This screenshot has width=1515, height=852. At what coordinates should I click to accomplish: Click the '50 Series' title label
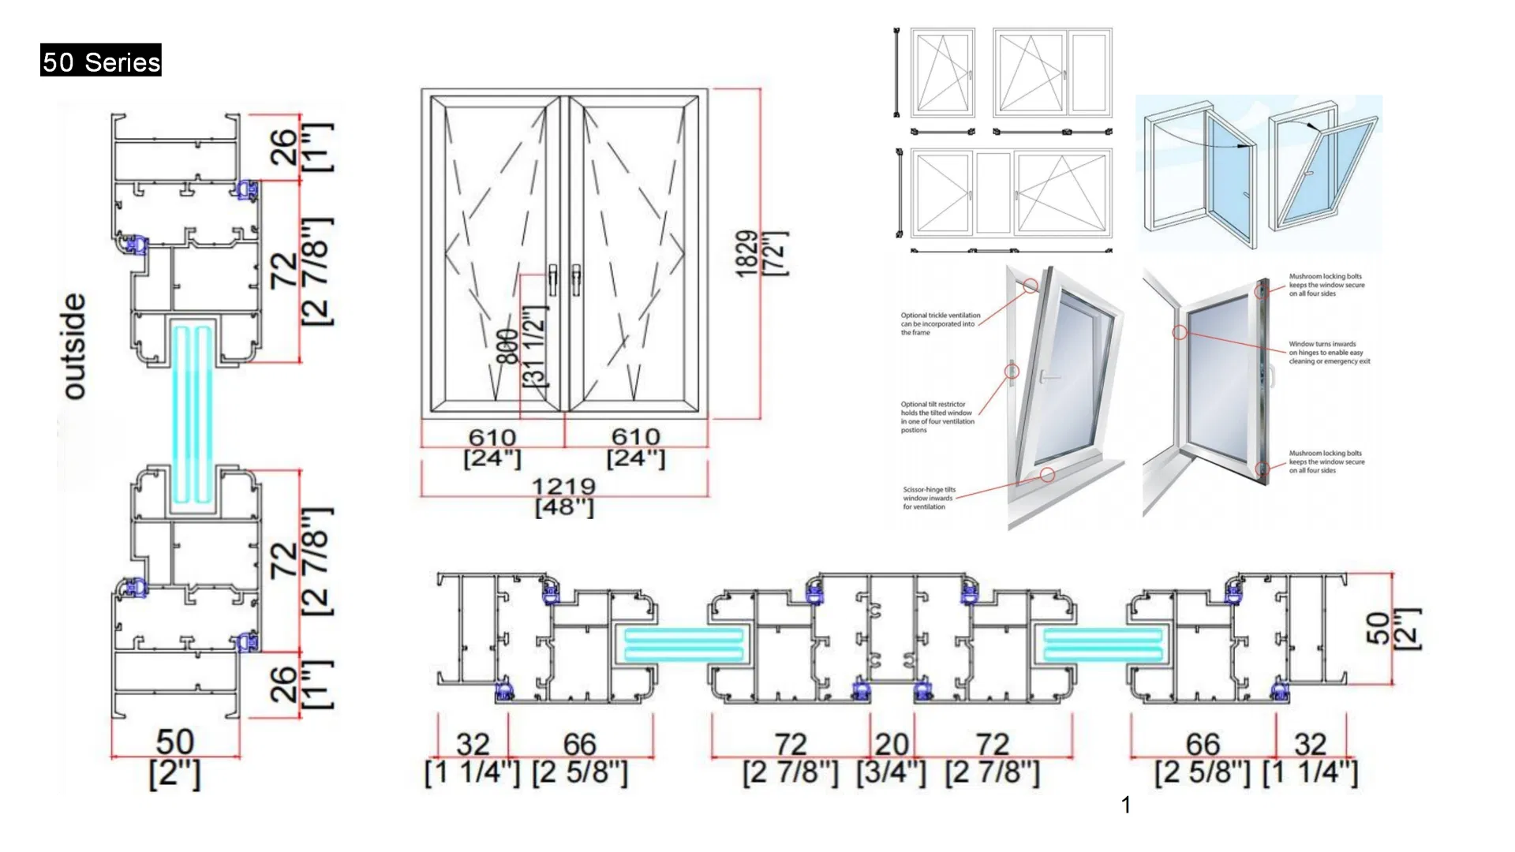point(101,61)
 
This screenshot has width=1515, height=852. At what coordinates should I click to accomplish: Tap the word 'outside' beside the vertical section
point(73,346)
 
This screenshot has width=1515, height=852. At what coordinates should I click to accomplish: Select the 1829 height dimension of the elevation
point(746,254)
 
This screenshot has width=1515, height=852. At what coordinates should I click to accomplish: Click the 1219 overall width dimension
point(563,486)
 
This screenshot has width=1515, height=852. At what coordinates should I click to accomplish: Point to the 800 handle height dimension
point(508,347)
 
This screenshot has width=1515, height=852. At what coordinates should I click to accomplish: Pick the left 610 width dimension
point(492,437)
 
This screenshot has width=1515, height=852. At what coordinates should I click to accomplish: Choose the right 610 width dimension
point(636,437)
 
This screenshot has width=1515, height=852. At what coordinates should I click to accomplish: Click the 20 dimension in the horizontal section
point(892,744)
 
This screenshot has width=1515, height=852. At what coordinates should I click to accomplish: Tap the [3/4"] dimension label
point(892,772)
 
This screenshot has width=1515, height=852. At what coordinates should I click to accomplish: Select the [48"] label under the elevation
point(563,507)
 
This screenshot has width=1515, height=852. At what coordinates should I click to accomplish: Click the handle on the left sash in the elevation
point(553,279)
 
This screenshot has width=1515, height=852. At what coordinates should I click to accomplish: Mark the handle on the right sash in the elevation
point(577,279)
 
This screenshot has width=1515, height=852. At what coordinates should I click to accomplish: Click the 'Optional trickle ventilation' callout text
point(941,323)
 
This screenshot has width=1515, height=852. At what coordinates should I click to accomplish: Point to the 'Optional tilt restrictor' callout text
point(937,417)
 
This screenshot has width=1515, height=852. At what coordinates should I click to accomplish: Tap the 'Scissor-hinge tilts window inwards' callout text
point(929,498)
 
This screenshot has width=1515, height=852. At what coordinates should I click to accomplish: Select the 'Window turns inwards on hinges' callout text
point(1329,353)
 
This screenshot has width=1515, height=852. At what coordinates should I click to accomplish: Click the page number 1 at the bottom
point(1126,805)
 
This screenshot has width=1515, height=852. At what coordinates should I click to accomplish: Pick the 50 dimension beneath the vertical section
point(174,742)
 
